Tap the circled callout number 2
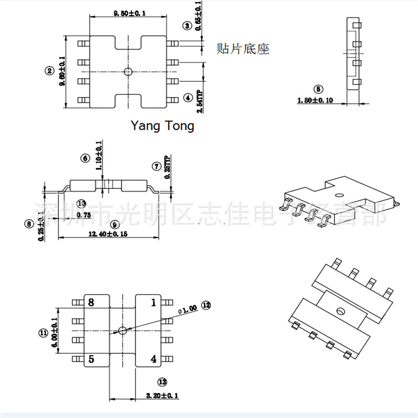(x=50, y=70)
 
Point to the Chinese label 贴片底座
(x=242, y=49)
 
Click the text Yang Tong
(x=162, y=126)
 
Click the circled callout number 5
(x=318, y=89)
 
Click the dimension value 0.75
(x=84, y=215)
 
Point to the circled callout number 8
(x=30, y=224)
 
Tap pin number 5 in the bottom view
(x=91, y=359)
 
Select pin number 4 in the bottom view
(x=154, y=359)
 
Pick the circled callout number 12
(x=206, y=305)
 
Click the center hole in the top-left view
(x=128, y=71)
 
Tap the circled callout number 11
(x=43, y=333)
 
